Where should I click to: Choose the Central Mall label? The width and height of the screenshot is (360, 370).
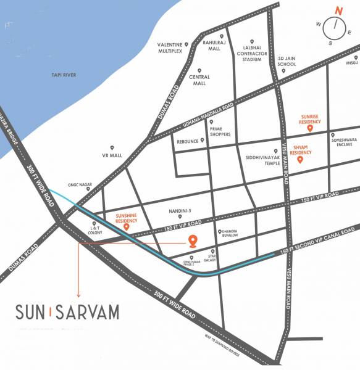(199, 81)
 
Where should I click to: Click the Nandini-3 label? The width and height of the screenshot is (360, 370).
(178, 210)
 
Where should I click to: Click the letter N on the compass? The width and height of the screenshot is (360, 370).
(338, 10)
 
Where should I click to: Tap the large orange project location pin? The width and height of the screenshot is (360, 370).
(193, 241)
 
